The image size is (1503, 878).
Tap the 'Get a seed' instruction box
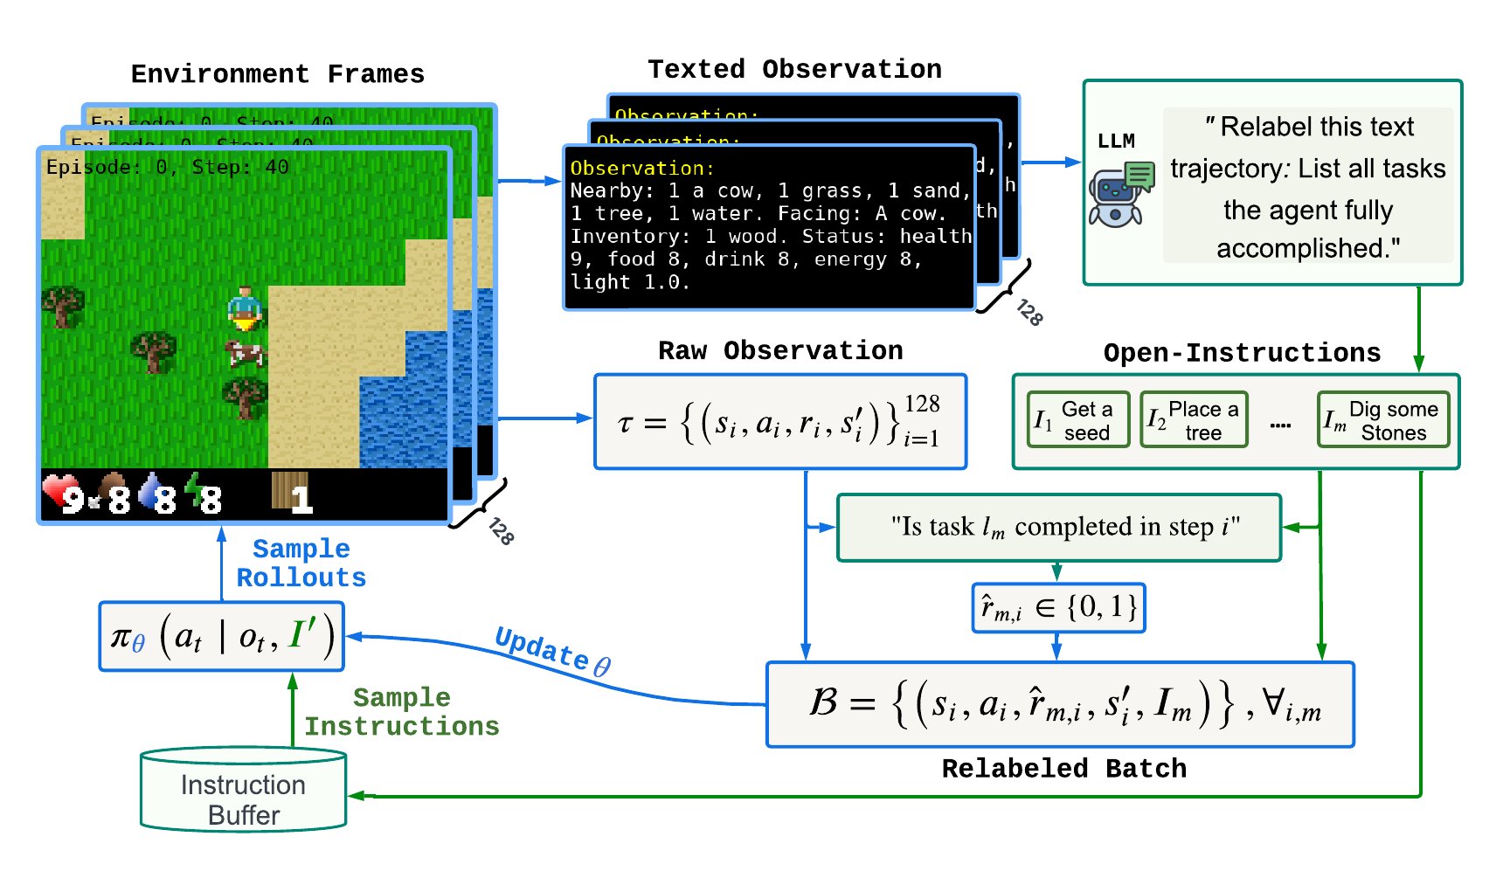pos(1078,420)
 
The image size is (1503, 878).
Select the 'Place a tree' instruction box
pos(1194,420)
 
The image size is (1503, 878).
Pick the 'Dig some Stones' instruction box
pos(1383,420)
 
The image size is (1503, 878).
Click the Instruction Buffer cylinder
pos(243,791)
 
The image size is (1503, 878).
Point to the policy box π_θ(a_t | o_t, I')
pos(222,637)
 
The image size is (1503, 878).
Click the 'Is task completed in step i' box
pos(1059,528)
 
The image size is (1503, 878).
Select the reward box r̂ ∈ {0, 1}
pos(1058,608)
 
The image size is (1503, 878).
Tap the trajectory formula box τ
pos(780,423)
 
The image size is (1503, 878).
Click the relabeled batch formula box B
pos(1060,704)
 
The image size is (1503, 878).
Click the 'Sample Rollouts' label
pos(301,563)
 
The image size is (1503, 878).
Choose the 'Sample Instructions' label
pos(401,712)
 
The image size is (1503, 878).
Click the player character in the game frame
pos(246,309)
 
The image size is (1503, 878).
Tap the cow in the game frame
pos(246,353)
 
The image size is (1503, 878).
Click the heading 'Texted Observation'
pos(794,70)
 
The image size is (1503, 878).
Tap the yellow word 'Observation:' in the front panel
pos(641,169)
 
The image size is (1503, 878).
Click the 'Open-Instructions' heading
pos(1241,353)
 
